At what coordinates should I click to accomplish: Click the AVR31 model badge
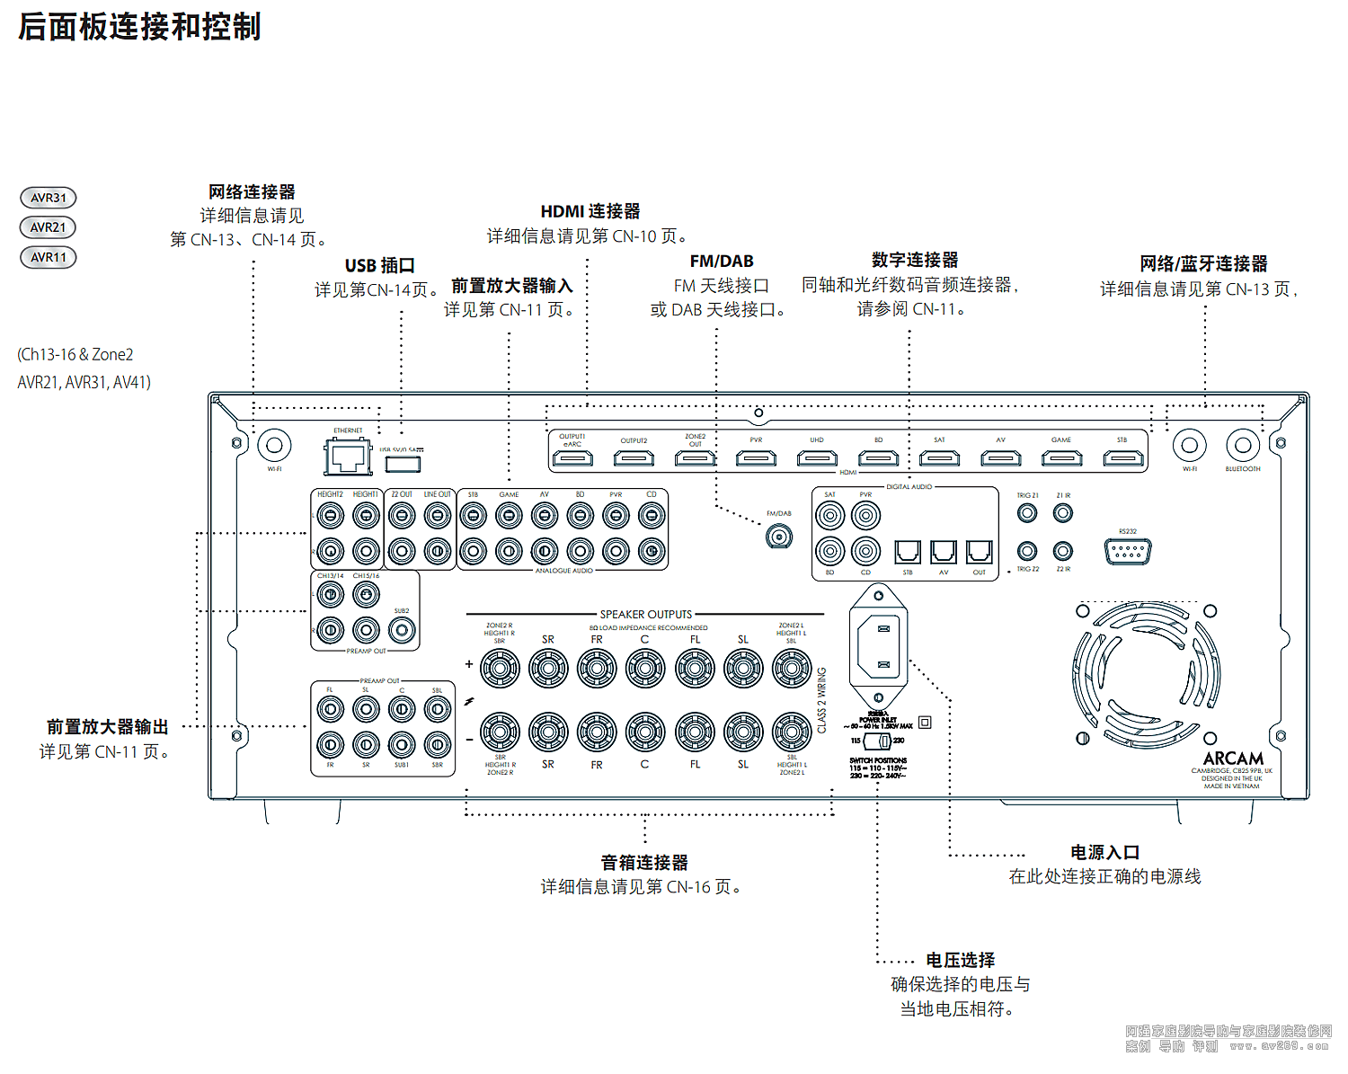49,198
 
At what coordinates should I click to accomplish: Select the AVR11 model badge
49,257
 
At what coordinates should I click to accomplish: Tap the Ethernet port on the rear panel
348,457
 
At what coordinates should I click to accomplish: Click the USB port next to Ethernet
403,463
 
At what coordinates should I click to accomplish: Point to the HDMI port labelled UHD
817,458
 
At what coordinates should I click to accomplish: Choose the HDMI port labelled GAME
1061,458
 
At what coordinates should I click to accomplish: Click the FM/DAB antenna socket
778,537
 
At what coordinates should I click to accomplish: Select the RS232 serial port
1128,551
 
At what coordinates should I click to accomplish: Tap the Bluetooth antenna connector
1243,445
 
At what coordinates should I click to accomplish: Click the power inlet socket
879,645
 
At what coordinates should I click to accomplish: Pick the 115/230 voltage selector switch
878,741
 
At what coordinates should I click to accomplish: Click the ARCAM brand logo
1233,759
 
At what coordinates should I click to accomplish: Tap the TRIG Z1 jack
1027,513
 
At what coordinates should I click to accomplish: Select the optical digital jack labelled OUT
979,551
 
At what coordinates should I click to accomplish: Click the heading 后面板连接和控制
139,27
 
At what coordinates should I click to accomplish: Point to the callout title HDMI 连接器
590,211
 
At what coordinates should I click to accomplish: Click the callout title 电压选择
961,960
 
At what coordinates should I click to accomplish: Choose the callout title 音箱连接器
644,863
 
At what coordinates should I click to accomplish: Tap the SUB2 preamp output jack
402,630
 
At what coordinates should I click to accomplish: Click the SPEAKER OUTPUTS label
646,615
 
